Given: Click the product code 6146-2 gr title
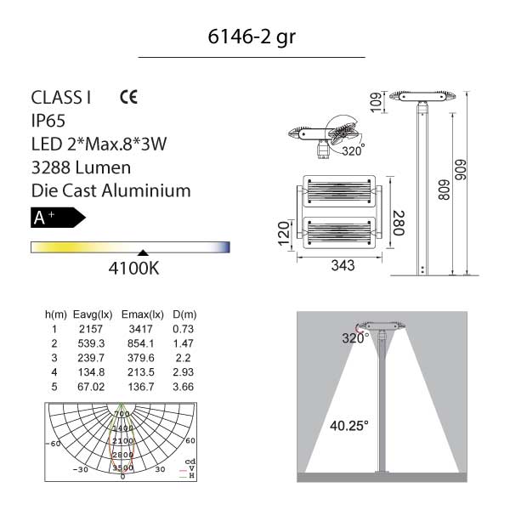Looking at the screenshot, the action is coord(252,37).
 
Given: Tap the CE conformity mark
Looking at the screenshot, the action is coord(129,97).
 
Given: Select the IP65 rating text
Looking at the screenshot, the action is coord(48,121).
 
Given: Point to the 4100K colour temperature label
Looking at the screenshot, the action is coord(133,269).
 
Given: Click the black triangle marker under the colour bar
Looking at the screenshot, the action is coord(143,252).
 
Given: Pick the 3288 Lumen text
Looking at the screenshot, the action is coord(81,167).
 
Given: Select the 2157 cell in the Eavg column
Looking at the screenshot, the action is coord(91,329).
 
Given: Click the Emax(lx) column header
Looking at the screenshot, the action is coord(142,314).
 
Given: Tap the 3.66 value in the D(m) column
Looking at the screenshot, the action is coord(183,387).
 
